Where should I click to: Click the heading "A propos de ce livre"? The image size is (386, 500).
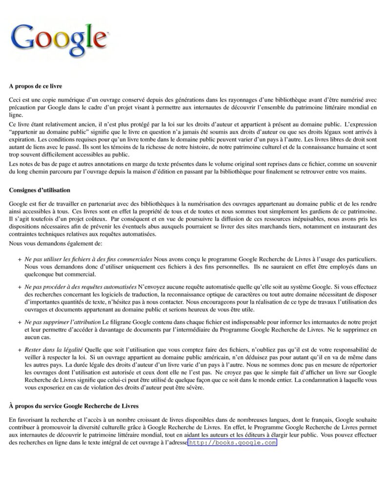pos(35,86)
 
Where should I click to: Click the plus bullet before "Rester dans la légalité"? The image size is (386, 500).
pos(19,350)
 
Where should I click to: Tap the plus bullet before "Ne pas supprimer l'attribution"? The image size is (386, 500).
pos(19,323)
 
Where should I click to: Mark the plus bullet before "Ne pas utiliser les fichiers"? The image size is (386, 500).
pos(19,258)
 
